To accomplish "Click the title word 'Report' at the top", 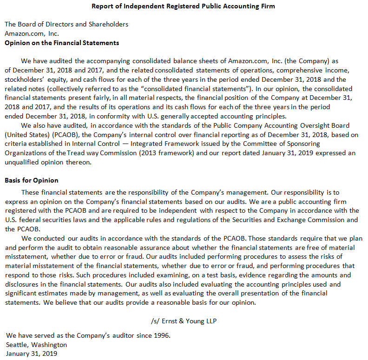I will [x=103, y=6].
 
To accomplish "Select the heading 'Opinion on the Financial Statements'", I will [x=62, y=43].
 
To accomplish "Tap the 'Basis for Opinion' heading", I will [x=31, y=180].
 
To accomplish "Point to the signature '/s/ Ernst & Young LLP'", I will [x=184, y=321].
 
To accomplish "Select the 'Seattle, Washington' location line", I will [x=37, y=345].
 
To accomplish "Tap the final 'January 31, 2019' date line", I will [x=32, y=353].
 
